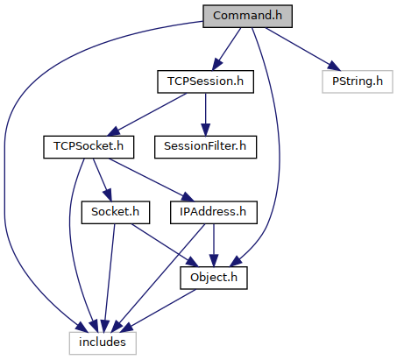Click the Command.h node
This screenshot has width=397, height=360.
coord(247,16)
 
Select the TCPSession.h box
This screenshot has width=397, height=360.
coord(205,81)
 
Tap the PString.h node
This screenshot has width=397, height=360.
coord(358,81)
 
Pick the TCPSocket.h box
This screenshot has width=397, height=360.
coord(89,147)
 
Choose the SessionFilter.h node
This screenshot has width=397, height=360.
coord(205,147)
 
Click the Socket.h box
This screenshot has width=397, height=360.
coord(116,213)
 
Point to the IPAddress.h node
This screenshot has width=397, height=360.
coord(214,213)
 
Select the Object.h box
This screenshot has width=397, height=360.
coord(214,278)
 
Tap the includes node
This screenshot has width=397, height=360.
coord(103,343)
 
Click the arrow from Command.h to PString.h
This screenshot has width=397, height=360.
coord(303,49)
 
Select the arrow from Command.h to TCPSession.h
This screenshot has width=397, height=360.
coord(226,49)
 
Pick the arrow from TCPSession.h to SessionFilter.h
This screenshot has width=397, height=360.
coord(205,115)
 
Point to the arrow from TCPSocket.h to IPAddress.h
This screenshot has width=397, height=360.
coord(152,180)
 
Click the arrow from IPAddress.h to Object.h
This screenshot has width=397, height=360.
coord(214,245)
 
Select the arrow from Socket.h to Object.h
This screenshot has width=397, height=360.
coord(165,245)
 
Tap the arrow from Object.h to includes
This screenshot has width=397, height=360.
coord(158,311)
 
